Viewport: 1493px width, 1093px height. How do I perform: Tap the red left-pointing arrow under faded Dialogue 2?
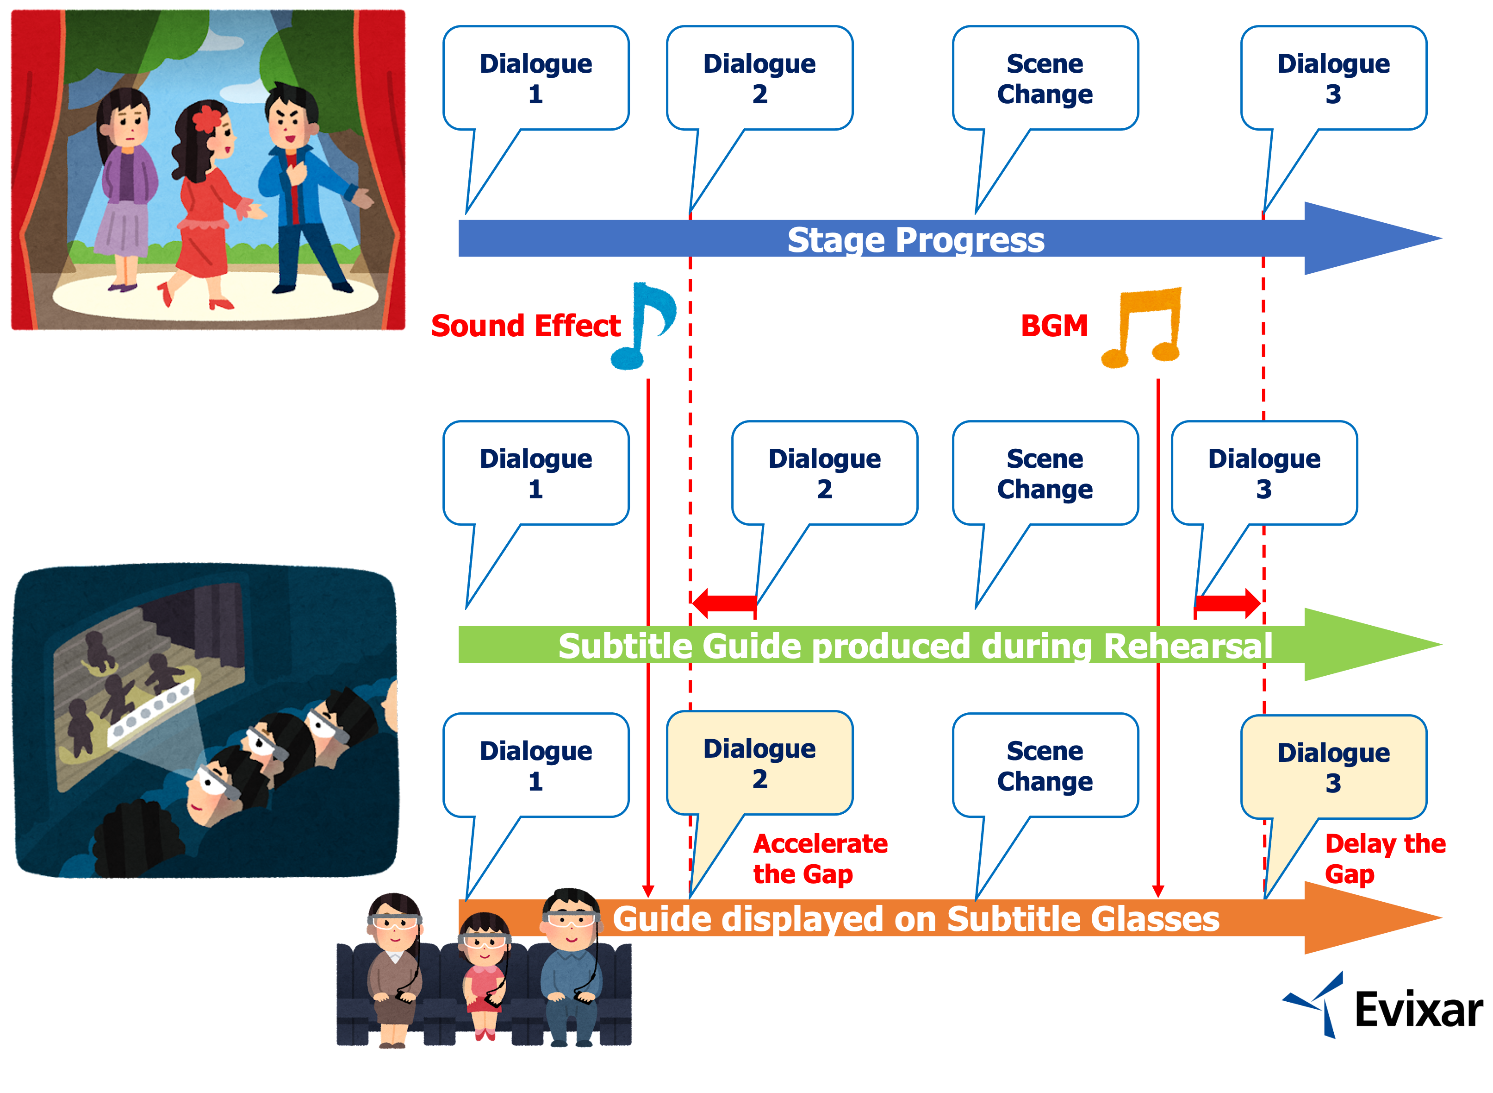tap(724, 603)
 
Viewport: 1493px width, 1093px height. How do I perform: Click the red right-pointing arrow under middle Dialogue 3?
tap(1229, 603)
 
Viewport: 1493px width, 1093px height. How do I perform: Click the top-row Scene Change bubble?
tap(1045, 79)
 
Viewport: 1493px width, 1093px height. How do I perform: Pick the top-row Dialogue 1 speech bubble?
tap(535, 79)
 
